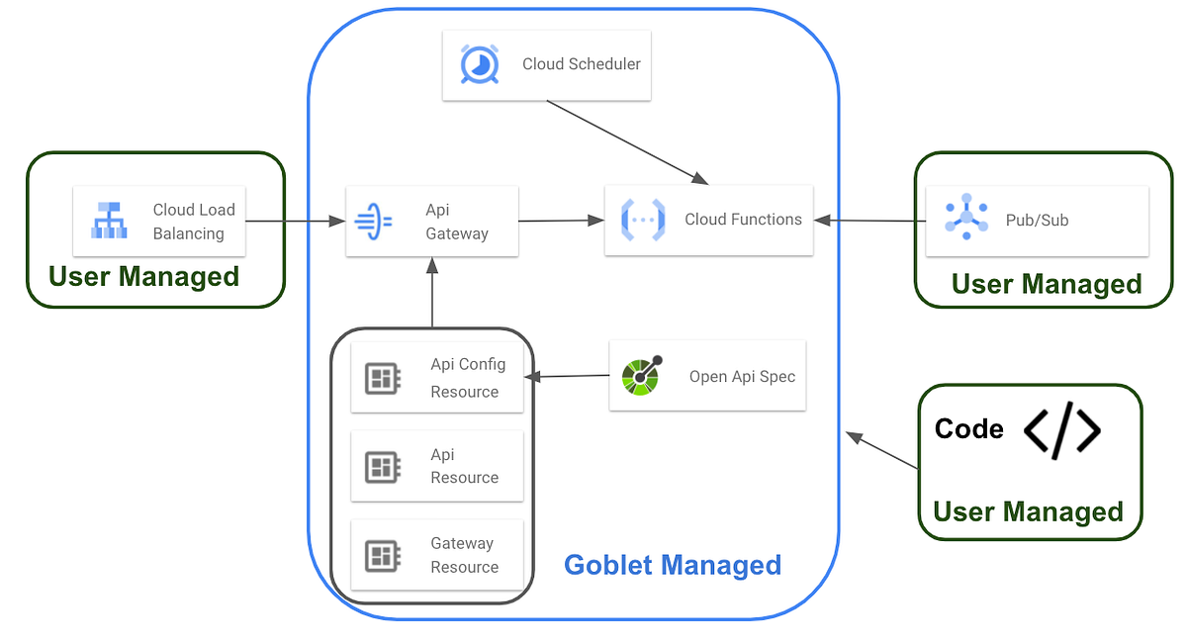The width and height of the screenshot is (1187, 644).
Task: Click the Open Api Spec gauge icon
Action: coord(642,376)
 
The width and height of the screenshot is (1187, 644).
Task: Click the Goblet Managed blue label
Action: coord(673,565)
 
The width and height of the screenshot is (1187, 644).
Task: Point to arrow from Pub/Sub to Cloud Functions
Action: coord(868,221)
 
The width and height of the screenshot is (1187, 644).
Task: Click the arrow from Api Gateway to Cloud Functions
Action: coord(560,221)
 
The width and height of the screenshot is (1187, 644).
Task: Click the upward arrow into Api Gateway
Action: coord(431,293)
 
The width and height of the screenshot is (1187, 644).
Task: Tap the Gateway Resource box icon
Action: coord(382,555)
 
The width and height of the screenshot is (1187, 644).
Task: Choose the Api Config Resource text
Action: coord(467,378)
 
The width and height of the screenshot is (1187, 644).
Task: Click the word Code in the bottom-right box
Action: coord(968,429)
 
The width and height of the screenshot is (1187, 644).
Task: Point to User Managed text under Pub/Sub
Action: coord(1046,284)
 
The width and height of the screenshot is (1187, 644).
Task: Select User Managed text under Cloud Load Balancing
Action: coord(143,276)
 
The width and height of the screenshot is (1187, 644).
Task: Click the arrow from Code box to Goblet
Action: coord(883,451)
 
